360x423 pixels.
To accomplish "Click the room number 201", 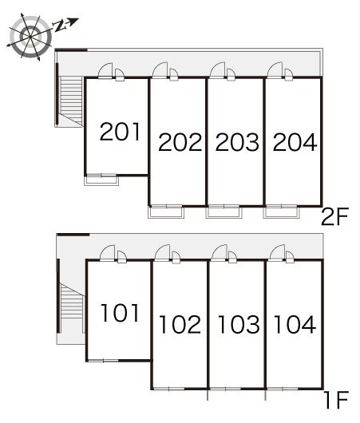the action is (x=120, y=132).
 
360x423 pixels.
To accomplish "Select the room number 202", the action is (x=180, y=142).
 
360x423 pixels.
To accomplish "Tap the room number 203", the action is (x=237, y=142).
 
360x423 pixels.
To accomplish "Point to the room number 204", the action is (x=295, y=142).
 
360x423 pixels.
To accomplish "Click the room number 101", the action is (x=120, y=313).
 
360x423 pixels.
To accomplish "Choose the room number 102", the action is (x=180, y=324).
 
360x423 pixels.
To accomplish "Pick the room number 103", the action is (x=239, y=324).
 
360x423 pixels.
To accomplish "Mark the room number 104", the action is (x=295, y=324).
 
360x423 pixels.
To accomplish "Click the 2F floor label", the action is (x=335, y=216).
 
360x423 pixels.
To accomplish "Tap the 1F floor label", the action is (x=336, y=400).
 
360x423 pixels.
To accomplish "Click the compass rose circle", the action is (x=30, y=37).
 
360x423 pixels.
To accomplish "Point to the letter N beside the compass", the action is (x=60, y=26).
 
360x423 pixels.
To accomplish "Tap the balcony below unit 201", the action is (x=101, y=180).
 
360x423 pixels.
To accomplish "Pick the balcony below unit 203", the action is (x=224, y=211).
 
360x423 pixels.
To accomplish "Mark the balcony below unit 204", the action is (x=282, y=211).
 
